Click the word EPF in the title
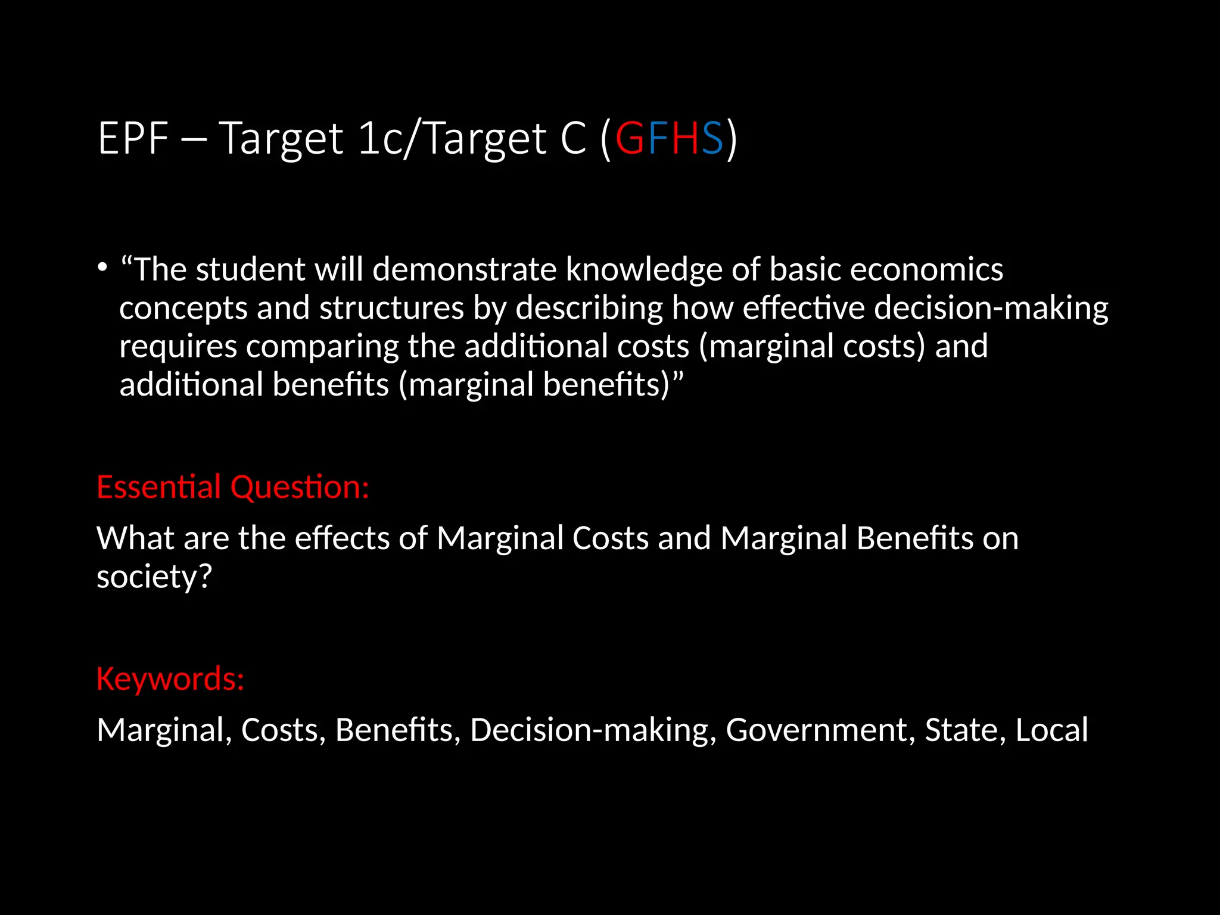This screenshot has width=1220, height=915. click(133, 138)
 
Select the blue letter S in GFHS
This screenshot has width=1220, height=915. click(712, 138)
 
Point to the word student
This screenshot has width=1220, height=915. click(250, 269)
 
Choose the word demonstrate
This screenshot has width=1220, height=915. click(464, 269)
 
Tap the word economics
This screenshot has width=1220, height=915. click(926, 269)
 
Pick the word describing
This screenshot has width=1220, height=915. click(589, 309)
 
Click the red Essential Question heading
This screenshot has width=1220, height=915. click(233, 487)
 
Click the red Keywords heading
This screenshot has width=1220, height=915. click(170, 679)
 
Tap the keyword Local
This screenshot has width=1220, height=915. click(1051, 730)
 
